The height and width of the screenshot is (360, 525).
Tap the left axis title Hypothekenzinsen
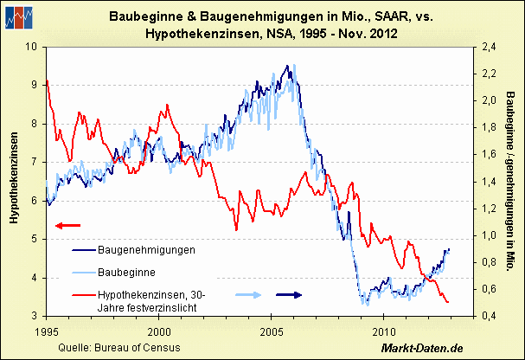coord(15,179)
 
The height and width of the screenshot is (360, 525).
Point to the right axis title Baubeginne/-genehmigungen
coord(511,182)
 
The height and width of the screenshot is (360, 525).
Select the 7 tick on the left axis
coord(35,162)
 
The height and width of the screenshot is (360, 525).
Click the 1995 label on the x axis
coord(47,331)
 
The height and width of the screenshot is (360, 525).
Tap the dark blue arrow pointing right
coord(288,295)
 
